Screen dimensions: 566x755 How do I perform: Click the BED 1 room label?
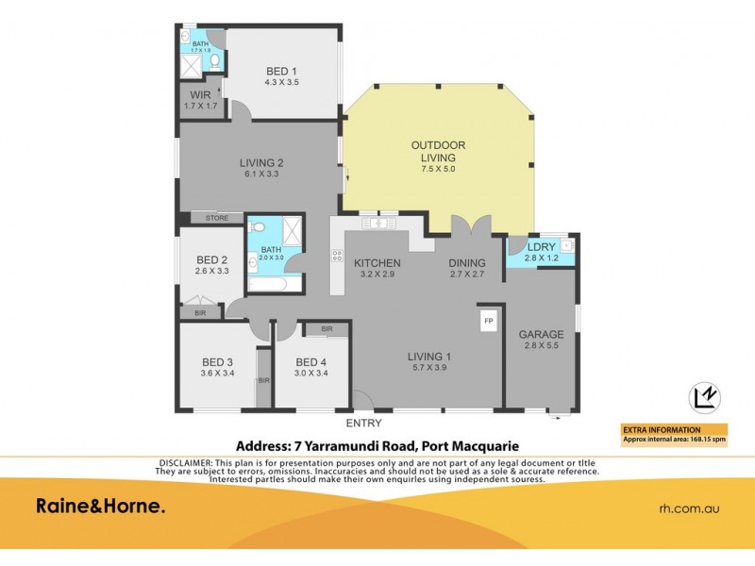coord(281,71)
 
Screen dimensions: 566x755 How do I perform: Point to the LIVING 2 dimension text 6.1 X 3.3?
coord(260,175)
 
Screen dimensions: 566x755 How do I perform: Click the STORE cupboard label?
coord(217,218)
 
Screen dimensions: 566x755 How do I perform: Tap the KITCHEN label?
coord(377,263)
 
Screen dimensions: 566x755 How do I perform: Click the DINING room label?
coord(467,263)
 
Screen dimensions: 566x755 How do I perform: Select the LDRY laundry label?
coord(541,248)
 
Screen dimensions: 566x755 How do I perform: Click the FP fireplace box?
coord(489,322)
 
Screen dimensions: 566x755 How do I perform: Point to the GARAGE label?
coord(541,334)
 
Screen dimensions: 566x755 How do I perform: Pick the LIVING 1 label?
coord(429,356)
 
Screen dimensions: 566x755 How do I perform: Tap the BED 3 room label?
coord(217,362)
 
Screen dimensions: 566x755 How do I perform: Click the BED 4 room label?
coord(310,362)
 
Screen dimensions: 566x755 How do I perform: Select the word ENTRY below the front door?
coord(364,424)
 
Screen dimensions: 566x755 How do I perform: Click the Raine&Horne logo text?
coord(101,507)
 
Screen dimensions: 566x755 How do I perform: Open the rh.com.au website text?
coord(689,508)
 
